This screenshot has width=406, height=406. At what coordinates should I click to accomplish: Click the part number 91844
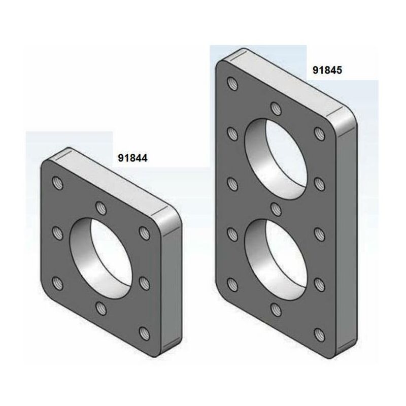(x=132, y=158)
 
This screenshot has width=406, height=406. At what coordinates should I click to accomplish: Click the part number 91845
(x=327, y=70)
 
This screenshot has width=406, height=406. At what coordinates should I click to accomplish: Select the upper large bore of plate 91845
(x=276, y=159)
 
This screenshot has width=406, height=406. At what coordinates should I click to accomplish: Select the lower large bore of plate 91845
(x=276, y=260)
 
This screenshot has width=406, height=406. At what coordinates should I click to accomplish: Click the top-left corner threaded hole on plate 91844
(x=58, y=183)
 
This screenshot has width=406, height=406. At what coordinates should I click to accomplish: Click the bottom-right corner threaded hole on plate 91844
(x=145, y=333)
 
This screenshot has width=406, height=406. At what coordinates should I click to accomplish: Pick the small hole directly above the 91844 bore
(x=101, y=208)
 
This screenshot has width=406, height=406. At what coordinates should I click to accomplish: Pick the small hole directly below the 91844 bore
(x=101, y=308)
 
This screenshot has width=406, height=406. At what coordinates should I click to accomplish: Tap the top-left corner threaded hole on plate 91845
(x=232, y=84)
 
